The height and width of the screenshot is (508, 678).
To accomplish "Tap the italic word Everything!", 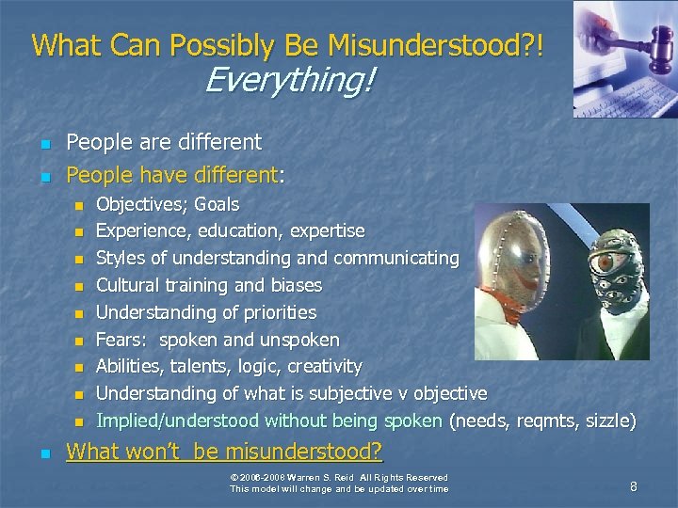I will (288, 81).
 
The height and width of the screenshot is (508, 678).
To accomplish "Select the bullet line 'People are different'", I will (165, 143).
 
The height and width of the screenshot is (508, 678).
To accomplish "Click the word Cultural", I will (130, 285).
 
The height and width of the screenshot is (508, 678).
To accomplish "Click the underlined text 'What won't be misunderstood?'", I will (224, 452).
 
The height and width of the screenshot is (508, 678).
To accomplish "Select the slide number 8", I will (634, 486).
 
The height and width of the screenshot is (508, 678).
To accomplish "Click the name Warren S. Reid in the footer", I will (333, 477).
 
